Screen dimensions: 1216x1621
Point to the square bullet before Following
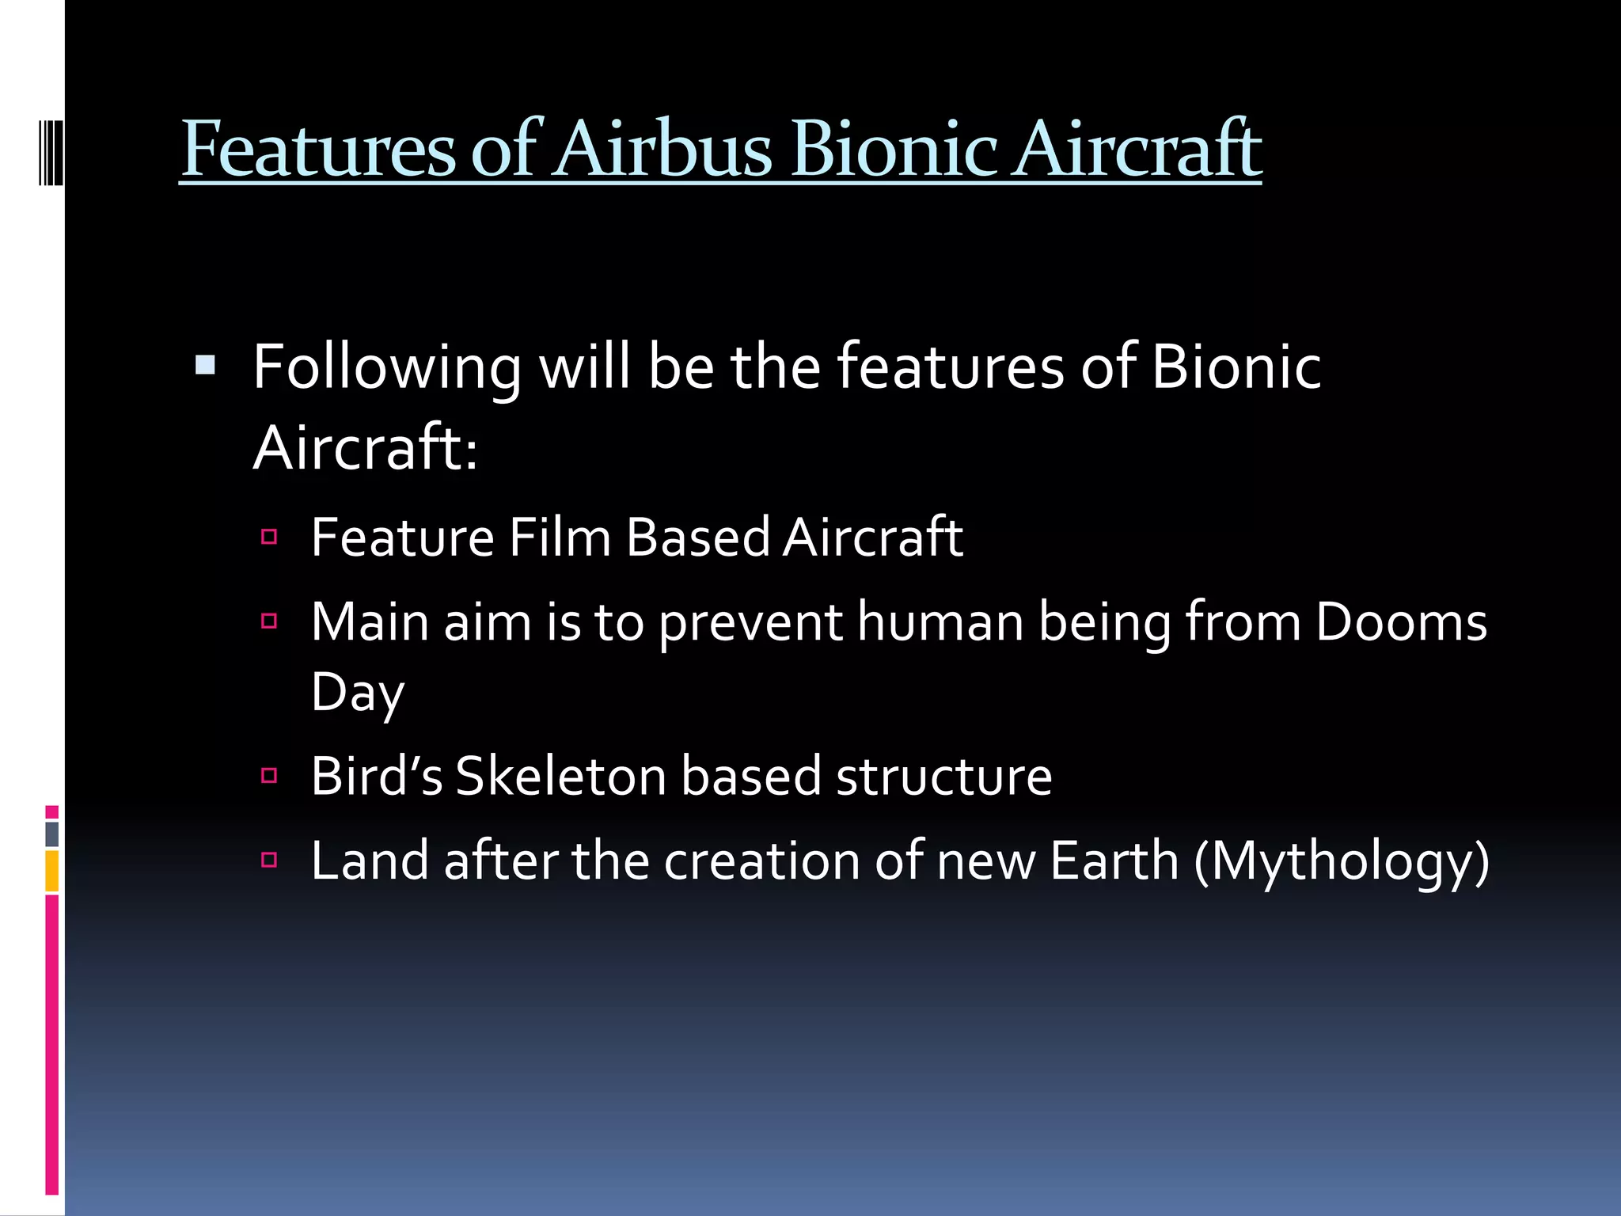click(x=205, y=365)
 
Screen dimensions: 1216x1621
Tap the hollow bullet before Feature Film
click(x=269, y=538)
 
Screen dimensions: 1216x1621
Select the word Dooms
click(x=1401, y=622)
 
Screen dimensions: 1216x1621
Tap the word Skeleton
click(x=560, y=776)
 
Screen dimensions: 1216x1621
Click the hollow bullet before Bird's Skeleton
click(x=269, y=775)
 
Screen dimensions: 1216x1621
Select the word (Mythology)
click(x=1342, y=862)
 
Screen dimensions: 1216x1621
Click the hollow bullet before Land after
click(x=269, y=860)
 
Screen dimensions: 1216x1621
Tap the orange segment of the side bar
click(x=51, y=871)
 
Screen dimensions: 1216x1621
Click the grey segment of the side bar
click(x=51, y=834)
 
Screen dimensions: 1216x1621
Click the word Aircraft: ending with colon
click(x=366, y=448)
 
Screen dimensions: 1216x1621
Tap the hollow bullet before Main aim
click(x=269, y=621)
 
